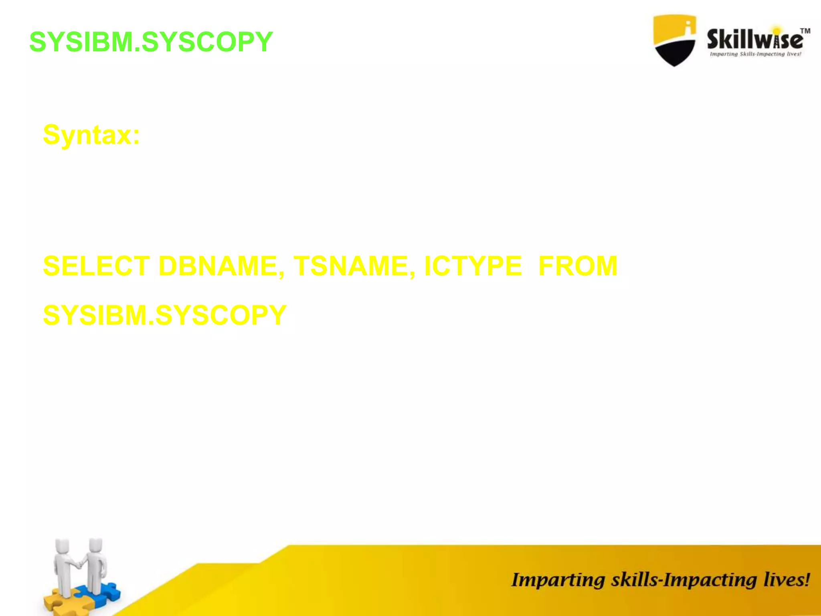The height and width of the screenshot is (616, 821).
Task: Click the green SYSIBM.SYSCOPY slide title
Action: tap(151, 42)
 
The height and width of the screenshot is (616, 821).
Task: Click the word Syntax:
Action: tap(91, 135)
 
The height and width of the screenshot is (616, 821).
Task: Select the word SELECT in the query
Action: tap(96, 266)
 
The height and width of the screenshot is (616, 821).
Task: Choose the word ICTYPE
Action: tap(473, 266)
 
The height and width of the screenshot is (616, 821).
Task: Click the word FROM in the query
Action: tap(578, 266)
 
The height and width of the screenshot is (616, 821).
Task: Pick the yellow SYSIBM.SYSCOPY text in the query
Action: tap(165, 315)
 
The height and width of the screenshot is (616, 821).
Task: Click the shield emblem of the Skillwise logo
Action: tap(674, 40)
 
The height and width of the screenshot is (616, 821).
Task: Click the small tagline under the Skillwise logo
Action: tap(755, 54)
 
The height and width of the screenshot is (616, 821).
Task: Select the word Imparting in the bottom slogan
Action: tap(558, 580)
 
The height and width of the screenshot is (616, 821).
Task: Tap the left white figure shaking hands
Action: tap(63, 565)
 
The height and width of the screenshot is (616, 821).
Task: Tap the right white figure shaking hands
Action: tap(96, 563)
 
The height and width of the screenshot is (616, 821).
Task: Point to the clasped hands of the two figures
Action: tap(80, 565)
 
